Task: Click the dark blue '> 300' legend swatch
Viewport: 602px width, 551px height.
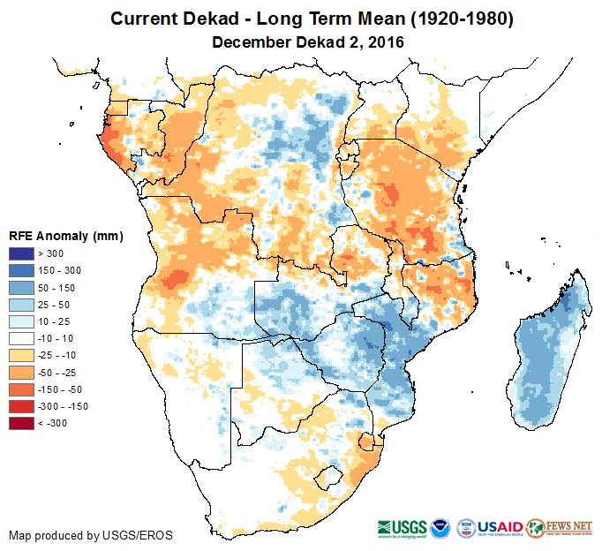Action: click(x=22, y=253)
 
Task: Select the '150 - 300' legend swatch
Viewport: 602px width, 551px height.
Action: click(x=22, y=270)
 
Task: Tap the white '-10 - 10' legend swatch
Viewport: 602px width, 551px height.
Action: click(x=22, y=337)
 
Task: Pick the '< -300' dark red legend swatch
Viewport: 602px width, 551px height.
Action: click(x=22, y=423)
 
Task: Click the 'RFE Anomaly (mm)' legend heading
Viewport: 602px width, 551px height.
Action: click(x=65, y=236)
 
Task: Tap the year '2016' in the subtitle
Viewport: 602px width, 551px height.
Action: click(x=387, y=42)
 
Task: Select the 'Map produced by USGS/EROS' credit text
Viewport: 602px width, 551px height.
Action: click(x=91, y=535)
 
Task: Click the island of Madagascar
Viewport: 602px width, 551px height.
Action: click(x=543, y=353)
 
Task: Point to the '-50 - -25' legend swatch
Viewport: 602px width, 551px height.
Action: click(x=22, y=372)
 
